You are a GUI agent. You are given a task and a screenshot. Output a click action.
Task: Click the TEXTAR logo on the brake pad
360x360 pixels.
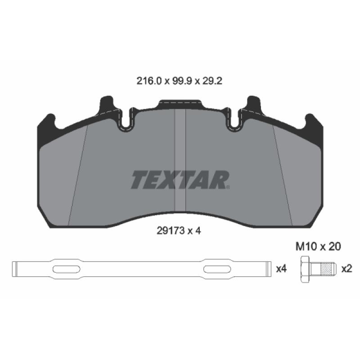click(x=180, y=180)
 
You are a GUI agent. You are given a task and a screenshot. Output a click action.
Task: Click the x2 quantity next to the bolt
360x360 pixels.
click(x=346, y=269)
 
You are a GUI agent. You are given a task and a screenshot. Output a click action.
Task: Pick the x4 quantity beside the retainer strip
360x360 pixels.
click(x=281, y=269)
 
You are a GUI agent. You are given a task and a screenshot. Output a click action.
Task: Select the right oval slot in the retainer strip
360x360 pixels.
click(x=216, y=269)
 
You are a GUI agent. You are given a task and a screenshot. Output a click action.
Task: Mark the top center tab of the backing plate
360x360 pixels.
click(x=180, y=104)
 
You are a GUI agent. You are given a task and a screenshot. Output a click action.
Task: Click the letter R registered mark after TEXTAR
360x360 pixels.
click(x=229, y=187)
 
